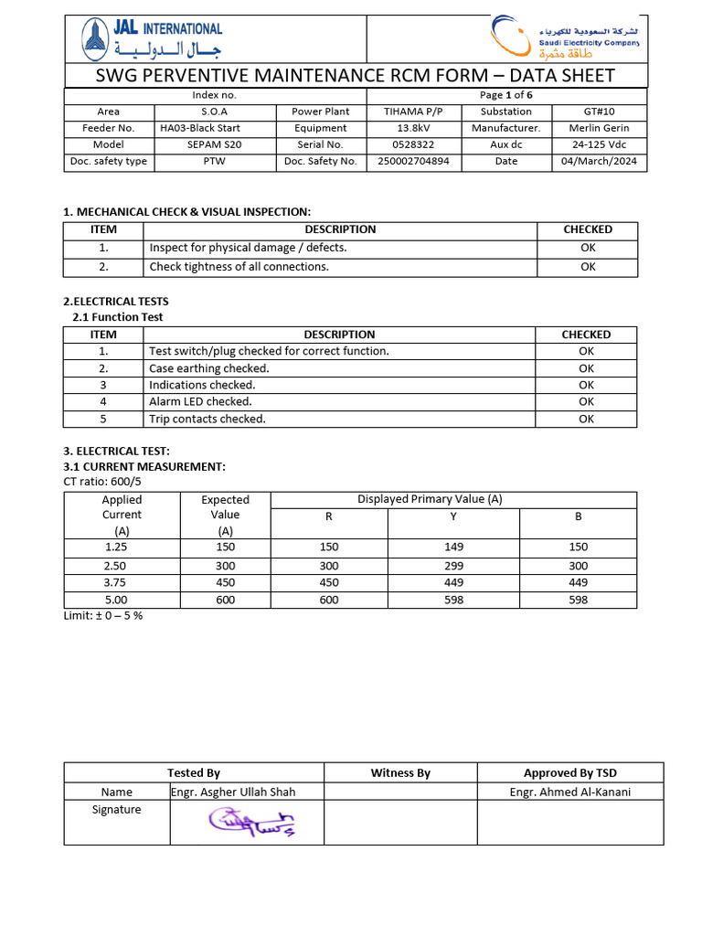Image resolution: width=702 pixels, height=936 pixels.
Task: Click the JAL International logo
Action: click(x=151, y=39)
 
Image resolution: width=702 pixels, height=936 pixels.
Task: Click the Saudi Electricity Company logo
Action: click(x=564, y=38)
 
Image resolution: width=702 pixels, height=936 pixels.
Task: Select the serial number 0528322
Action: click(x=413, y=144)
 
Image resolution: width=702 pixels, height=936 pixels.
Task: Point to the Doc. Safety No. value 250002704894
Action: click(x=413, y=162)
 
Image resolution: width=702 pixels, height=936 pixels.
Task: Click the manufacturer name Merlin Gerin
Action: click(x=599, y=128)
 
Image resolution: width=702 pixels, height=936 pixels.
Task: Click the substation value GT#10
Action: click(x=599, y=112)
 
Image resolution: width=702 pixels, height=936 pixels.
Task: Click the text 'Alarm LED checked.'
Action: click(x=200, y=401)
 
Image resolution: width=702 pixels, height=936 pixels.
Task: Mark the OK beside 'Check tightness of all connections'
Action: click(x=588, y=267)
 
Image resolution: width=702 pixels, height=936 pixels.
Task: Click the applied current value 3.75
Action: click(x=116, y=582)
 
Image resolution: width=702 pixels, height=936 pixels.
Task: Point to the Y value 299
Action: click(x=453, y=566)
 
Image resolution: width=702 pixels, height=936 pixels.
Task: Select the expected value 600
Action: click(x=225, y=600)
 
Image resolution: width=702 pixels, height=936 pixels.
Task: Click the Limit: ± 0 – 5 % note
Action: click(x=102, y=615)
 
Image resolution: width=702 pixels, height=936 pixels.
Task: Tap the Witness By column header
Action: click(x=400, y=773)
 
